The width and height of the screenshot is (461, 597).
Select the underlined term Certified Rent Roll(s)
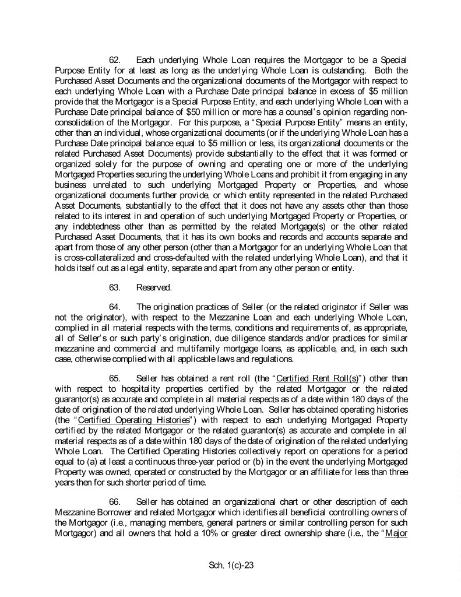[307, 378]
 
